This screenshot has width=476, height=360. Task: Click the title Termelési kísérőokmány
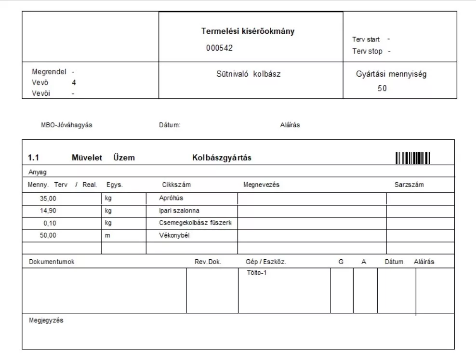pos(248,31)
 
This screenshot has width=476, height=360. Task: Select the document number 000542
pos(219,48)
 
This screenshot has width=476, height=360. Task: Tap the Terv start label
pos(366,40)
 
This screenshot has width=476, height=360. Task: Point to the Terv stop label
pos(367,51)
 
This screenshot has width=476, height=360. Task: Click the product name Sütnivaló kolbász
pos(248,74)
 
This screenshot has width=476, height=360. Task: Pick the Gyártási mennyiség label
pos(391,74)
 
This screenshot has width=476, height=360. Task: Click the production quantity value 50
pos(382,89)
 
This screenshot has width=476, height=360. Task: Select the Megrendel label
pos(49,71)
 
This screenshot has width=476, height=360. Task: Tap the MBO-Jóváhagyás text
pos(66,125)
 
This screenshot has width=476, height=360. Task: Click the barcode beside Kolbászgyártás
pos(413,158)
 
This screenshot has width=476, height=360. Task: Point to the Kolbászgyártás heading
pos(222,158)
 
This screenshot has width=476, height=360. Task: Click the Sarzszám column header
pos(409,185)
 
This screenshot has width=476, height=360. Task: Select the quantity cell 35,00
pos(48,198)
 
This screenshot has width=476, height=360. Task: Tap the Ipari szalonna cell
pos(179,211)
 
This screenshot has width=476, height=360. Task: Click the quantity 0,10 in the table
pos(50,223)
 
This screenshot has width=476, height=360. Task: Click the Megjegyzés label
pos(46,320)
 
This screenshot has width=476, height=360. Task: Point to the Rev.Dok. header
pos(208,262)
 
